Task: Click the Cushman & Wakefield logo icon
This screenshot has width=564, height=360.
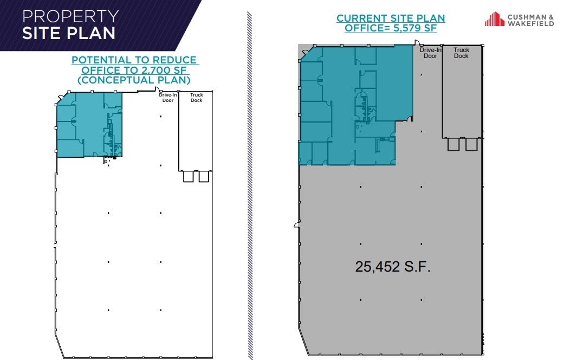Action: [x=494, y=20]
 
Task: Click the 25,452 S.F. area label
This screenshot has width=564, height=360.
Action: [x=393, y=266]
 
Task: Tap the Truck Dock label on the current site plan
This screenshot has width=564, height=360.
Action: [x=461, y=53]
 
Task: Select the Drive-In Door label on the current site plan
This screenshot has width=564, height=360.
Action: [x=430, y=53]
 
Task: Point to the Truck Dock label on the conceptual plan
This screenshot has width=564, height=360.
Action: [x=196, y=98]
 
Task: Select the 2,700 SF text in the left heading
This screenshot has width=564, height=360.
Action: [x=169, y=70]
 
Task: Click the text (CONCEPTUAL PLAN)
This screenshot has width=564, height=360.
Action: [x=134, y=80]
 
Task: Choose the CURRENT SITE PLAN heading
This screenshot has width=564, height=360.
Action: [x=391, y=18]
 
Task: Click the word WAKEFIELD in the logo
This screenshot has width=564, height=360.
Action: [x=530, y=24]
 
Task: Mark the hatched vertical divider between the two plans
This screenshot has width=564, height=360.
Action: [x=250, y=184]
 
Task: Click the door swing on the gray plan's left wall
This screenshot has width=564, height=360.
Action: [x=296, y=223]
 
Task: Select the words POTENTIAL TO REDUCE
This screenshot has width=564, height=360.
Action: [x=134, y=60]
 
